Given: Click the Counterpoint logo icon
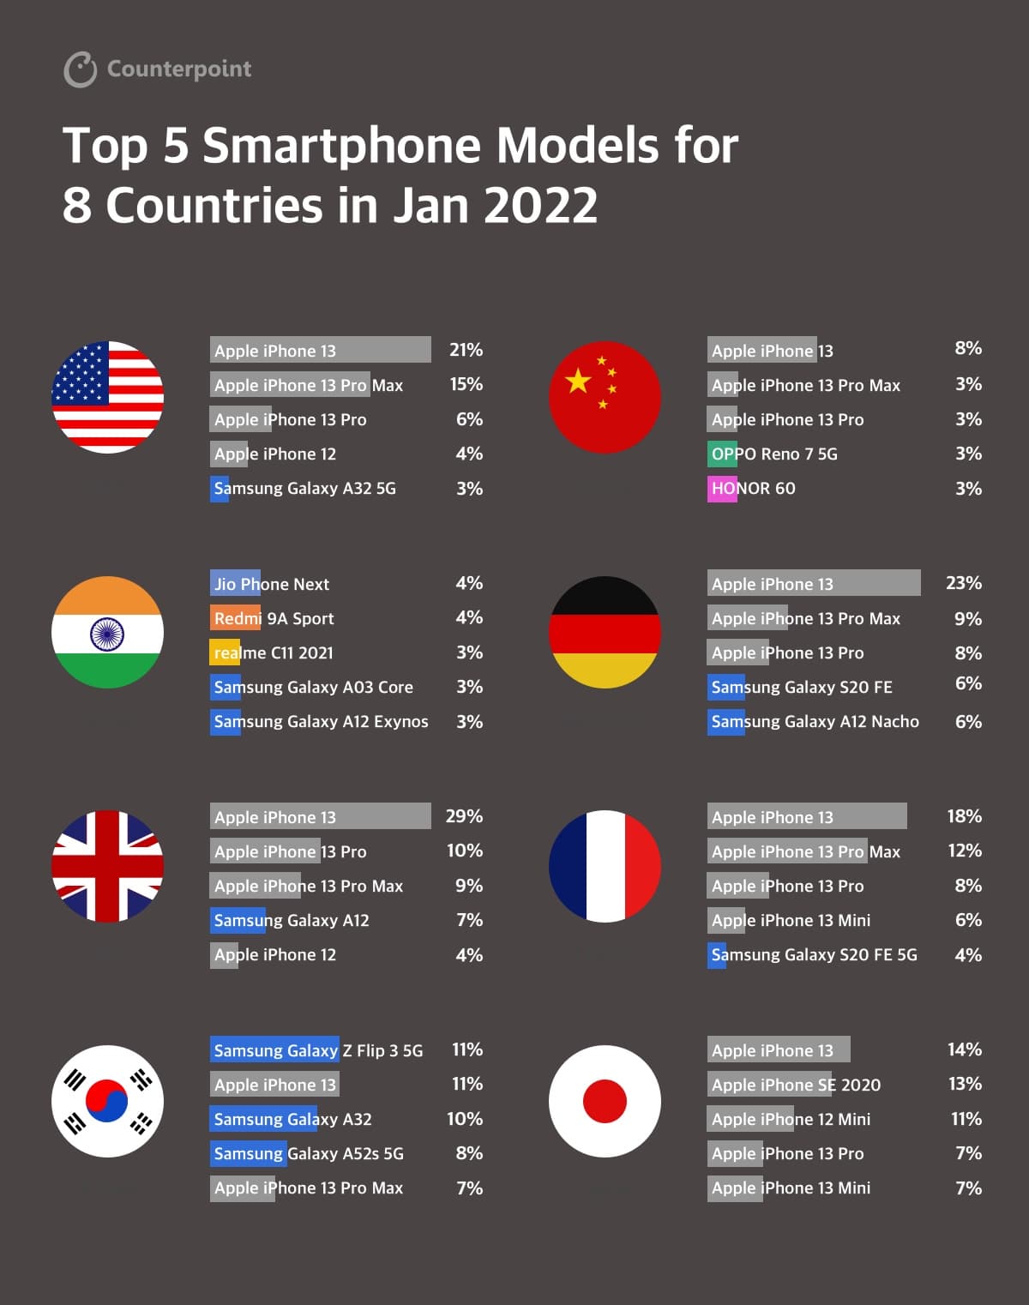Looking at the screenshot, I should (81, 69).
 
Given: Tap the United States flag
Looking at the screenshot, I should (108, 397).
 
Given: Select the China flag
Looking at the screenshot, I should (605, 397).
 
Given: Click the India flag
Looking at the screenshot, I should (108, 632).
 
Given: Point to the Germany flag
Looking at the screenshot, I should (605, 632).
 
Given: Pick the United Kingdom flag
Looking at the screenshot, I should (108, 866).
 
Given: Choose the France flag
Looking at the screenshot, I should (605, 866).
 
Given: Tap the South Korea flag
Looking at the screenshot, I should (108, 1101).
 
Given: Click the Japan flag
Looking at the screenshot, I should (605, 1101).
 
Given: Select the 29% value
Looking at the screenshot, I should (464, 816).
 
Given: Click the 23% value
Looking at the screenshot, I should (964, 583).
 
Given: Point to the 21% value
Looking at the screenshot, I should (466, 350).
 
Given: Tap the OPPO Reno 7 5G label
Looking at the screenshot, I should (774, 454).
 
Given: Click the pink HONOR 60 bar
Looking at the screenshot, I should (722, 489).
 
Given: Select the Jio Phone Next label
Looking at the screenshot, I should (272, 584).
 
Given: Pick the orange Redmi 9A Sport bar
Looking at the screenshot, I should (235, 618).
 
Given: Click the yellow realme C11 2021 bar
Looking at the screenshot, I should (225, 652).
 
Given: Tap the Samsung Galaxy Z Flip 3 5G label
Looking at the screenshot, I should (318, 1050).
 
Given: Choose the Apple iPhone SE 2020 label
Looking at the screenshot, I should (796, 1085).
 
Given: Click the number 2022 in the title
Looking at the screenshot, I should (540, 206).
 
